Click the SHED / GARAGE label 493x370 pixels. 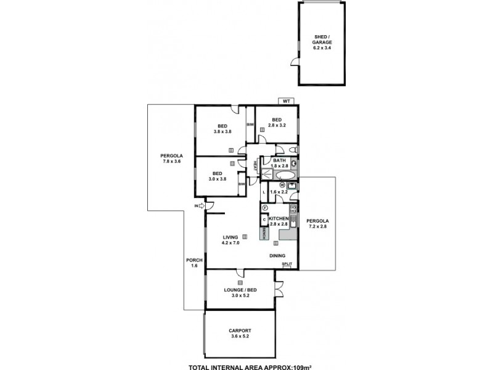324,42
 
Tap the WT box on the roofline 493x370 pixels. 285,101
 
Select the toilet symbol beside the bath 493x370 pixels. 294,150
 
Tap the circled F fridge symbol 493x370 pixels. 264,208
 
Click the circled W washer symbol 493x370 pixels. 282,184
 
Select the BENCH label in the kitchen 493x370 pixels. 264,233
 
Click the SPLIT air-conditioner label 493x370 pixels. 287,264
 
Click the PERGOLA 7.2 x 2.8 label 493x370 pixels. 319,223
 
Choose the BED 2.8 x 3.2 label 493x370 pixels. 277,123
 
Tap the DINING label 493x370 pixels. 277,255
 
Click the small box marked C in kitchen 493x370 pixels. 264,220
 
